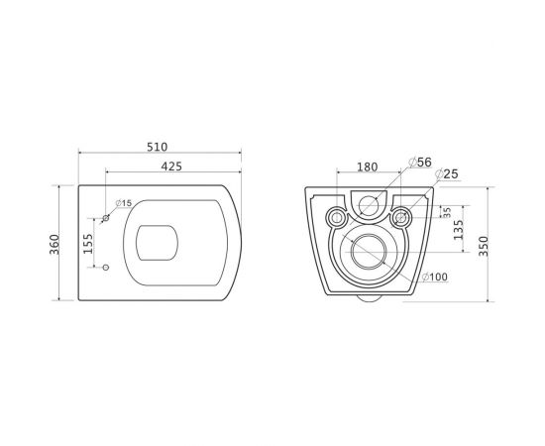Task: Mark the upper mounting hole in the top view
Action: pyautogui.click(x=107, y=217)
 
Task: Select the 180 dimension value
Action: pyautogui.click(x=368, y=167)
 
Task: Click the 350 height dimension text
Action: pyautogui.click(x=484, y=246)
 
